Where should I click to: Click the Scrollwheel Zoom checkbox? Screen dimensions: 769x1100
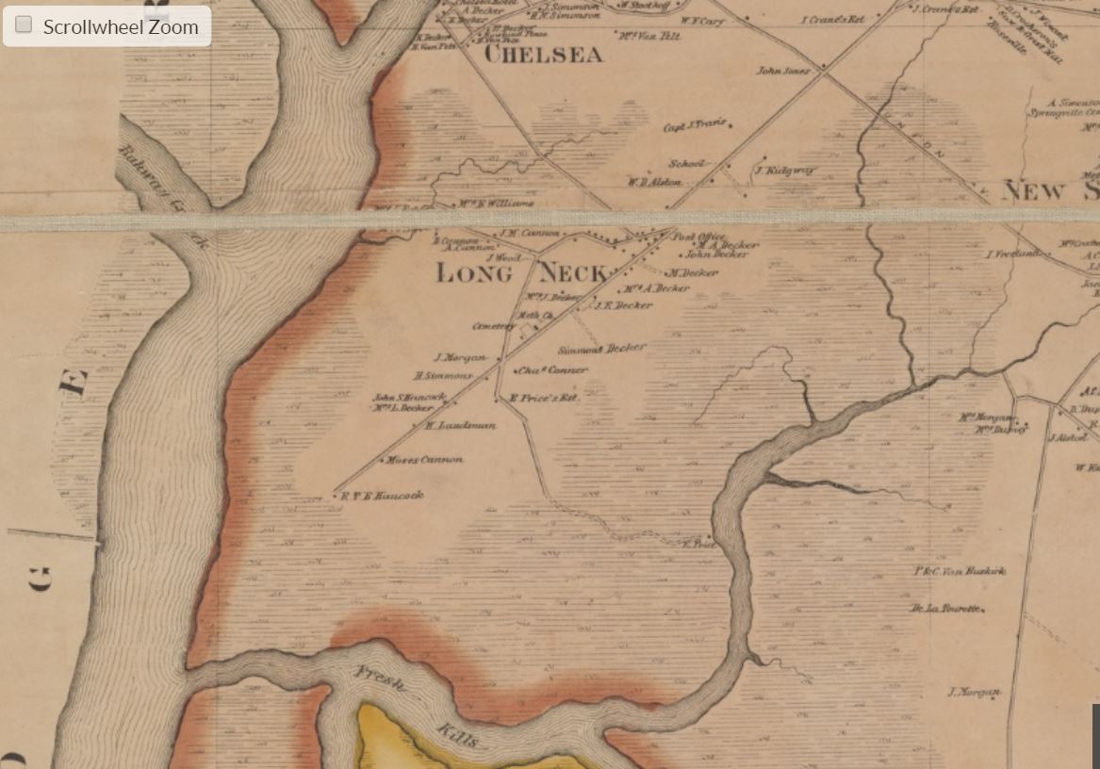(x=25, y=25)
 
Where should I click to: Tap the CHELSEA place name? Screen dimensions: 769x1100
(x=543, y=56)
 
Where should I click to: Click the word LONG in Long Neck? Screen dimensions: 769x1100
(x=474, y=274)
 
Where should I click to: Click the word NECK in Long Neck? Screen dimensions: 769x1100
(x=572, y=274)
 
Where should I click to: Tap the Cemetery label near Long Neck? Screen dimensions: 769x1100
(x=493, y=326)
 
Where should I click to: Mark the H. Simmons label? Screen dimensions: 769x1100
(x=449, y=376)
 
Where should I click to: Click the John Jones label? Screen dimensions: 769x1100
(x=783, y=71)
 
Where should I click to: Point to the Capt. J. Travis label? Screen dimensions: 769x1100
(x=695, y=126)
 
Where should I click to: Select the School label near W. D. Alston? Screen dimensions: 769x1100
(x=686, y=164)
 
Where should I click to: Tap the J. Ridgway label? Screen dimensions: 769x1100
(x=784, y=171)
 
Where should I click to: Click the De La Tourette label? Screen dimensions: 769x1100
(x=946, y=609)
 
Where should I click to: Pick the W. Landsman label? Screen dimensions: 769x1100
(x=460, y=426)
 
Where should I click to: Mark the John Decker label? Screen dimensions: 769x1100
(x=717, y=254)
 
